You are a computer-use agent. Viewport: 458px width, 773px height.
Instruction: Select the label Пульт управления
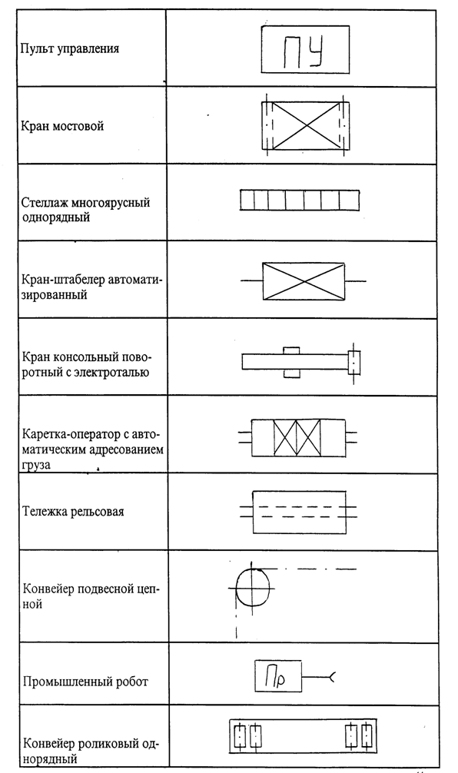tap(69, 49)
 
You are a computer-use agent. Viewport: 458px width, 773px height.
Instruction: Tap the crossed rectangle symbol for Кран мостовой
tap(305, 125)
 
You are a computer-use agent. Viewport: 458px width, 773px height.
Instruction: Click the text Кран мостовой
tap(62, 126)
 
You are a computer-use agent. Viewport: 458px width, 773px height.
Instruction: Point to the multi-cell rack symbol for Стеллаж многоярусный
tap(300, 200)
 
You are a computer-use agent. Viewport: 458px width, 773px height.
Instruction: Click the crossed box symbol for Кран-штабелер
tap(304, 281)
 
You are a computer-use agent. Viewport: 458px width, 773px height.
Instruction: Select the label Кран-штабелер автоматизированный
tap(91, 287)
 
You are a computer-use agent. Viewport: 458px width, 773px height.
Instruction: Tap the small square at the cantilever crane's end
tap(354, 363)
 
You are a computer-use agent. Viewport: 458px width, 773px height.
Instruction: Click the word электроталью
tap(111, 372)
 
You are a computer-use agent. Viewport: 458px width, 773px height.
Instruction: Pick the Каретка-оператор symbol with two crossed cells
tap(297, 438)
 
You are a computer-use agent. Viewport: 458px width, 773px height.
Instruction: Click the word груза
tap(36, 464)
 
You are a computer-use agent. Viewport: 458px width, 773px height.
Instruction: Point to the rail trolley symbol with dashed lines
tap(298, 512)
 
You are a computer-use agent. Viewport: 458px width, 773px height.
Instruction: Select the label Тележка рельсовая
tap(73, 511)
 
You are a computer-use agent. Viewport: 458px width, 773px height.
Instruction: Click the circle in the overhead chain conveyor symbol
tap(253, 588)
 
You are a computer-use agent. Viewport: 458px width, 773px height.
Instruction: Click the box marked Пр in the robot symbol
tap(278, 676)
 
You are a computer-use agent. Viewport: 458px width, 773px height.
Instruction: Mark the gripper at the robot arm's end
tap(332, 678)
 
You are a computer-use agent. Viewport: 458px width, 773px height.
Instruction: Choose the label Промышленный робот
tap(85, 682)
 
